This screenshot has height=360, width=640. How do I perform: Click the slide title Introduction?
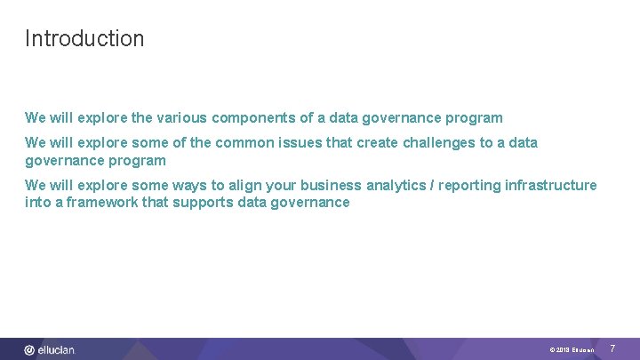84,38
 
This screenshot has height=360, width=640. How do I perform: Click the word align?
243,185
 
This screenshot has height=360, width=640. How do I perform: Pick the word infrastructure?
551,185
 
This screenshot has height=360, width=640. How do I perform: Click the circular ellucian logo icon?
29,350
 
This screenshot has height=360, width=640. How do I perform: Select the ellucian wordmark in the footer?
56,350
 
